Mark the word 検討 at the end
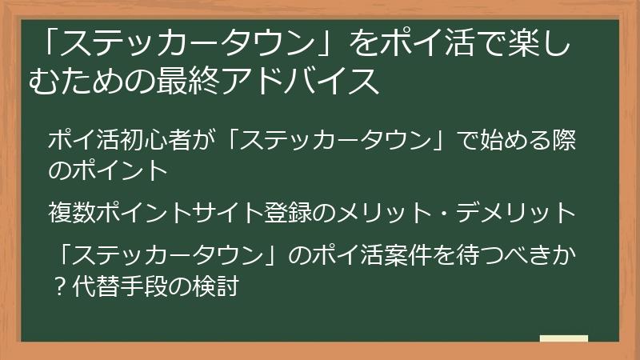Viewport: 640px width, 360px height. [x=218, y=284]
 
